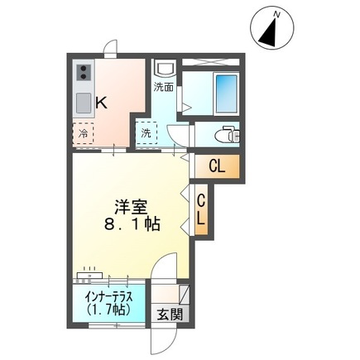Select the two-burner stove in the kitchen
pyautogui.click(x=84, y=77)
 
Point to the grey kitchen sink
pyautogui.click(x=84, y=103)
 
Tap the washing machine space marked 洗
pyautogui.click(x=146, y=132)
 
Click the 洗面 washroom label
pyautogui.click(x=163, y=86)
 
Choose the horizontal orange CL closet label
pyautogui.click(x=217, y=166)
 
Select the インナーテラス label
pyautogui.click(x=108, y=296)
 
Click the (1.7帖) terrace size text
pyautogui.click(x=108, y=310)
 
